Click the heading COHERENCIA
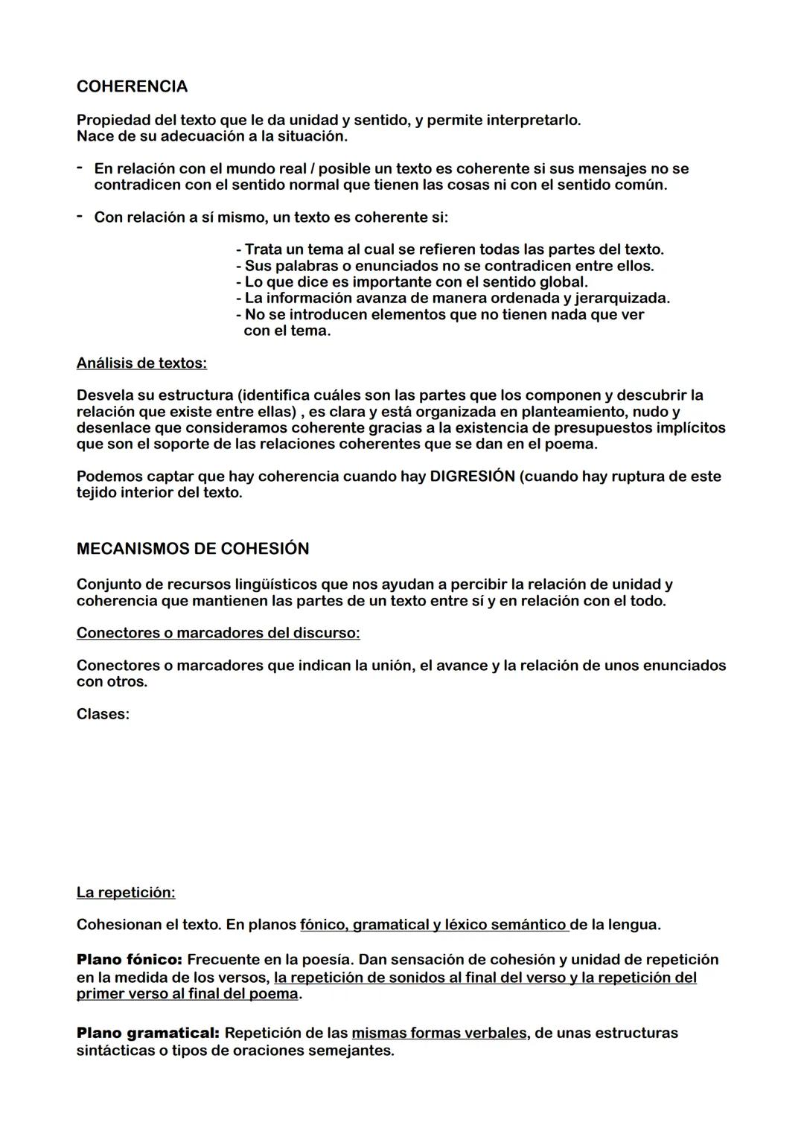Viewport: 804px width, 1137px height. pyautogui.click(x=132, y=87)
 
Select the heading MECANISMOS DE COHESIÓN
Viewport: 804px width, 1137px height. pyautogui.click(x=193, y=549)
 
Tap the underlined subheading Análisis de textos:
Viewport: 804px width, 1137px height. pyautogui.click(x=141, y=363)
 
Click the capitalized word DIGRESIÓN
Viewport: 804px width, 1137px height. pyautogui.click(x=472, y=477)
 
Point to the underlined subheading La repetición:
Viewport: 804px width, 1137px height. pyautogui.click(x=126, y=892)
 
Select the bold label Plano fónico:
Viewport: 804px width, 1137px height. pyautogui.click(x=129, y=960)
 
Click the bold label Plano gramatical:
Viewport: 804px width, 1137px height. pyautogui.click(x=147, y=1034)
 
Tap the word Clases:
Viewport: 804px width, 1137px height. pyautogui.click(x=103, y=714)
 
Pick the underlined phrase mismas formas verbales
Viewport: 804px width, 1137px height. pyautogui.click(x=438, y=1034)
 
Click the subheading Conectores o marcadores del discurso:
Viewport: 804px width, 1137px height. pyautogui.click(x=218, y=633)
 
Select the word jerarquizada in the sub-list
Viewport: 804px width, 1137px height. pyautogui.click(x=622, y=299)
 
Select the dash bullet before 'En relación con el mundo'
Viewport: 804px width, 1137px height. pyautogui.click(x=79, y=168)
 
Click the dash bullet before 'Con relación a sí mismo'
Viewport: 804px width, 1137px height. pyautogui.click(x=79, y=217)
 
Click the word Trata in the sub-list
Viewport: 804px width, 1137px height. pyautogui.click(x=264, y=249)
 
